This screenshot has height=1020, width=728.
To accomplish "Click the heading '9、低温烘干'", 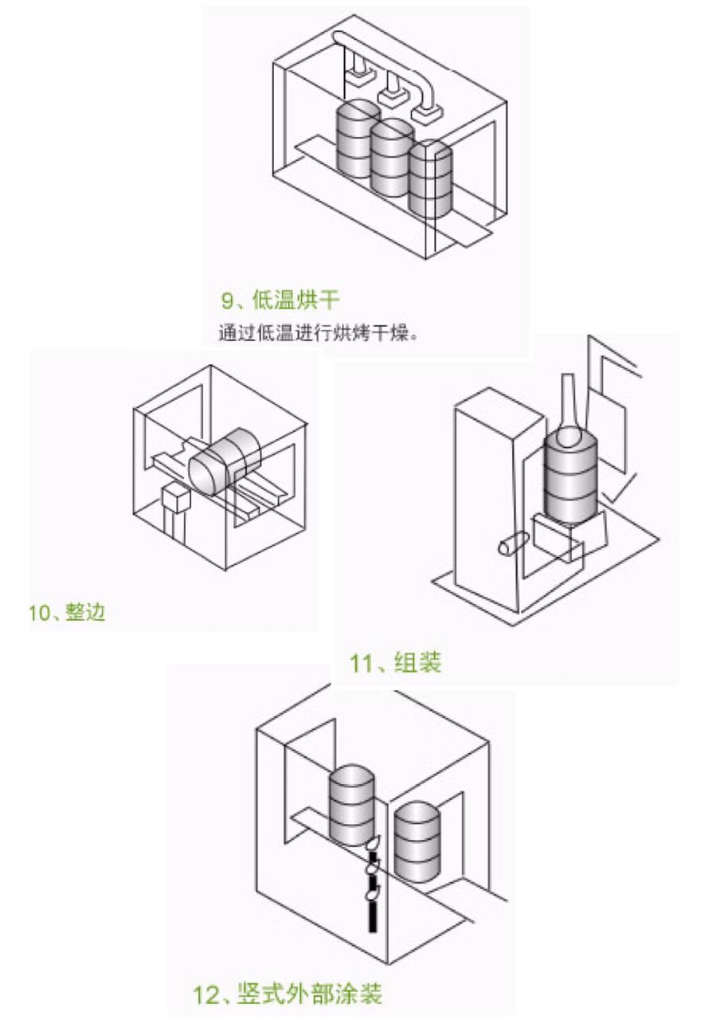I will click(280, 300).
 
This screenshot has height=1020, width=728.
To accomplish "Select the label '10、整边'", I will click(67, 613).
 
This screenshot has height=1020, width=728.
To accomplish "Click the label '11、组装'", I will click(395, 663).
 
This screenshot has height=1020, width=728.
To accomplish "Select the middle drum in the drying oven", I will click(390, 158).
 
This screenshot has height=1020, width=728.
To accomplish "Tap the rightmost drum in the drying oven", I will click(429, 178).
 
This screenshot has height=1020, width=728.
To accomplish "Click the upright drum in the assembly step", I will click(570, 478).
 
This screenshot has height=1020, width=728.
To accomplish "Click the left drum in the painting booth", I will click(350, 805).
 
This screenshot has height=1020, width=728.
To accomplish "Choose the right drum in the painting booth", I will click(417, 841).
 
